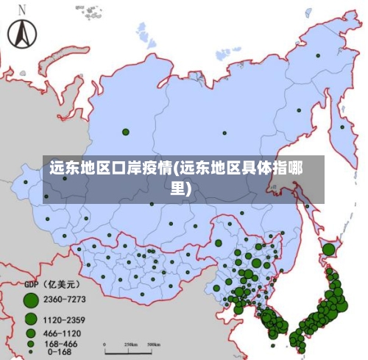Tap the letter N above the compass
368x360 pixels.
[22, 10]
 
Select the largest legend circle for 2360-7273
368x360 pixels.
[30, 300]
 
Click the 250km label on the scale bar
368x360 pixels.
[130, 345]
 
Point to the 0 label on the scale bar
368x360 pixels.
[105, 345]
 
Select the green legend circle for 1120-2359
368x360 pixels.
[31, 320]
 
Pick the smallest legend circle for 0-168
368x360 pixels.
[31, 353]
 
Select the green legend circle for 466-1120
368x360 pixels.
[31, 333]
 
